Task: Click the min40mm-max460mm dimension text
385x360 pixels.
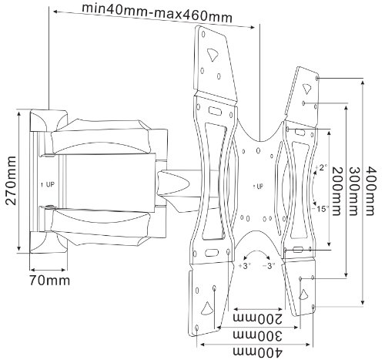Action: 157,13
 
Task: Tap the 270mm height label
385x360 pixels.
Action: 11,180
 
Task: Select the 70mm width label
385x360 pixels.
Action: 49,280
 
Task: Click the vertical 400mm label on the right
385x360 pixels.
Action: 370,190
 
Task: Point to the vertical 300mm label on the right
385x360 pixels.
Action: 353,191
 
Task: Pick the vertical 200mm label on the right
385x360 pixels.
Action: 337,191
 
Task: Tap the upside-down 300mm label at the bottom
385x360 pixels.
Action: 257,335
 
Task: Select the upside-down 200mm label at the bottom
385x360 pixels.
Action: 257,319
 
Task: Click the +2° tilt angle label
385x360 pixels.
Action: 321,168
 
